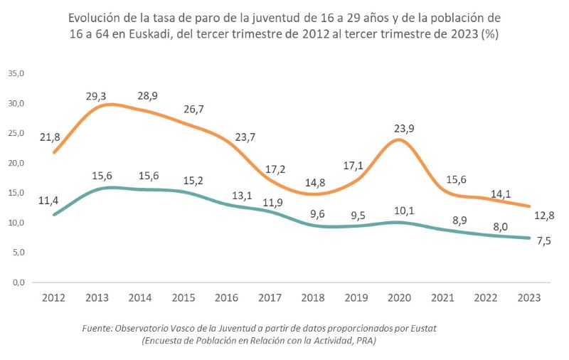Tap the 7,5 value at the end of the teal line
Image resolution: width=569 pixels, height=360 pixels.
(x=544, y=240)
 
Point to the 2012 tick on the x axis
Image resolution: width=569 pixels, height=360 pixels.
(x=54, y=298)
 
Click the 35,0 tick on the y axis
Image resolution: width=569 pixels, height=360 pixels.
(x=16, y=74)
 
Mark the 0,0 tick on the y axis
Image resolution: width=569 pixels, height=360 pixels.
(x=18, y=282)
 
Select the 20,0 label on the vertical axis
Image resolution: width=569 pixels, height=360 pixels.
(x=16, y=163)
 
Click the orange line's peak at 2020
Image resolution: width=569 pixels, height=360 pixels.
(x=400, y=139)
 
